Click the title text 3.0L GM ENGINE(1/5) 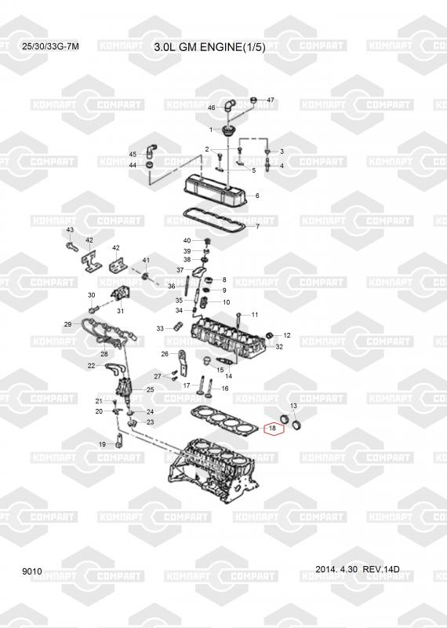tap(209, 47)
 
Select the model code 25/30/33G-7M tap(50, 46)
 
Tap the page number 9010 tap(32, 571)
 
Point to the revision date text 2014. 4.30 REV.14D tap(358, 569)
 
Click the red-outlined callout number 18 tap(272, 428)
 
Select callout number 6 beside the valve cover tap(257, 195)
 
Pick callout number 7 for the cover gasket tap(257, 226)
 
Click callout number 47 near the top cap tap(271, 100)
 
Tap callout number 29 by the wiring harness tap(67, 324)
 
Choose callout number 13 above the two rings tap(293, 406)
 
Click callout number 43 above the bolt tap(70, 230)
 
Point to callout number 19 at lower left tap(102, 444)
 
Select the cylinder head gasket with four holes tap(225, 420)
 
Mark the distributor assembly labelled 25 tap(123, 388)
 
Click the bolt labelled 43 tap(71, 244)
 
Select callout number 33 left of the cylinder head tap(160, 328)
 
